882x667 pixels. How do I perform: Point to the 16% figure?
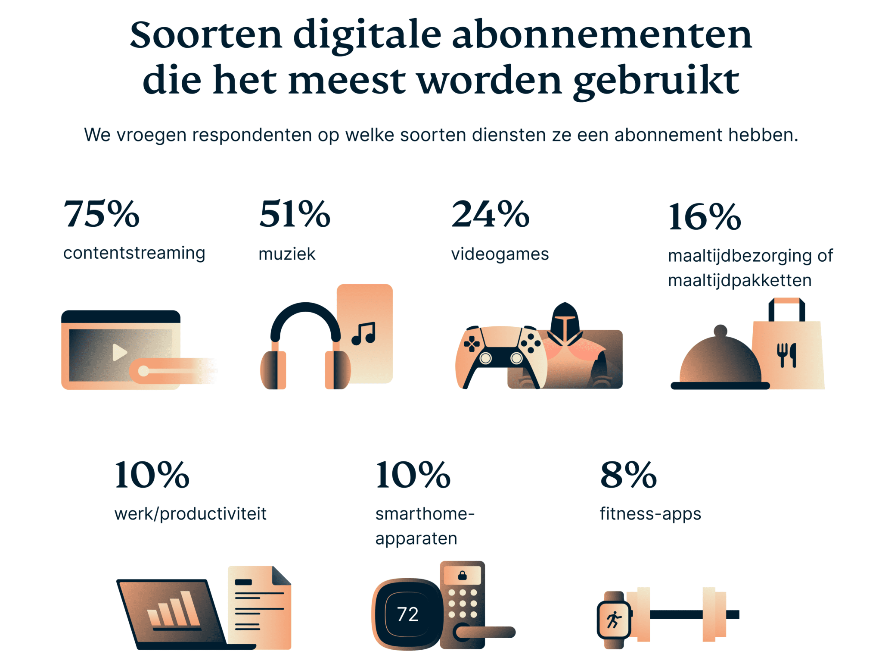(x=705, y=217)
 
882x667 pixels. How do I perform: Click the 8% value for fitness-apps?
(x=628, y=475)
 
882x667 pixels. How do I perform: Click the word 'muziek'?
(x=287, y=254)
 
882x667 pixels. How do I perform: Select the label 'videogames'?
(x=500, y=254)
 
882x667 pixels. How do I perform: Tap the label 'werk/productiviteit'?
(x=190, y=514)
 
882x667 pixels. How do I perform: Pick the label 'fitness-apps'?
(x=650, y=514)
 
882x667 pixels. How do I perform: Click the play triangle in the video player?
(x=119, y=352)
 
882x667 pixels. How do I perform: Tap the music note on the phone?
(x=364, y=334)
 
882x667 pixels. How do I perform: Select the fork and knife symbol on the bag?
(x=786, y=355)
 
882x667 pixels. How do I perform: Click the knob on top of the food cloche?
(x=720, y=331)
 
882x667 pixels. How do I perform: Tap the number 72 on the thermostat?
(x=407, y=614)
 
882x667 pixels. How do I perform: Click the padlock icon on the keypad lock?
(x=462, y=576)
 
